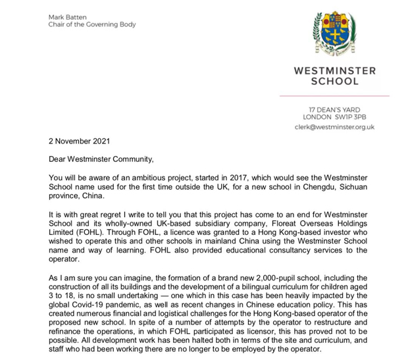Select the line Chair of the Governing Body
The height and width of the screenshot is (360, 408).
91,25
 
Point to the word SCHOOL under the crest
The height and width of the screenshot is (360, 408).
335,82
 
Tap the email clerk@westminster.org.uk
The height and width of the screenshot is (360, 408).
334,127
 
